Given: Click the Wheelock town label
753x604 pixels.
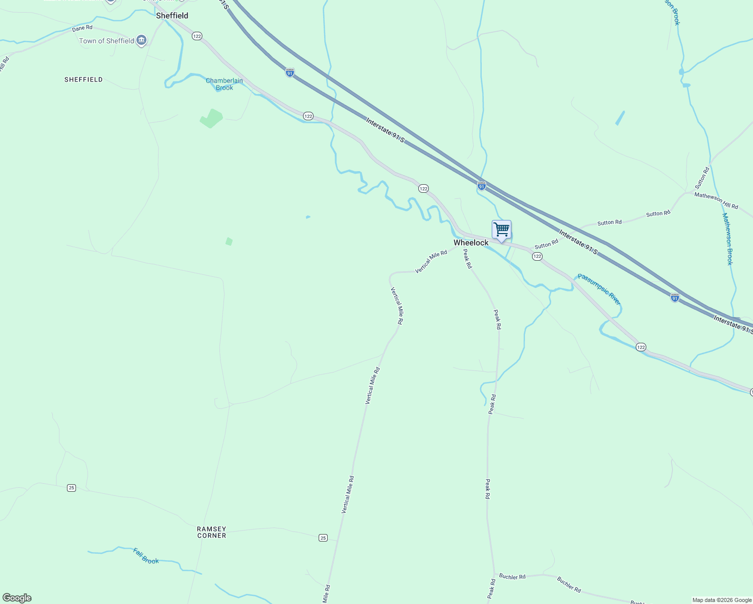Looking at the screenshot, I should click(471, 243).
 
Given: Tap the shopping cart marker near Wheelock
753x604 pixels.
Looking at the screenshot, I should click(501, 230).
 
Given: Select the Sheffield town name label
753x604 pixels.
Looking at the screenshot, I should click(172, 16).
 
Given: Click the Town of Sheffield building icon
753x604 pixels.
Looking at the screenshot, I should click(141, 40).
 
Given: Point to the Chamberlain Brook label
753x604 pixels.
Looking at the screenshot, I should click(224, 84).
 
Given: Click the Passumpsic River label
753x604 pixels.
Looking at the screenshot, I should click(599, 289).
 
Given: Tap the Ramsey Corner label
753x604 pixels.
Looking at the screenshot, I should click(211, 532).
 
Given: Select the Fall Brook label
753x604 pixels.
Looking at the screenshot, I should click(146, 556).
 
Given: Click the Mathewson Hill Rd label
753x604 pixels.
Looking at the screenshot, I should click(716, 200).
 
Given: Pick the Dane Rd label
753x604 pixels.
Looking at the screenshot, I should click(82, 28).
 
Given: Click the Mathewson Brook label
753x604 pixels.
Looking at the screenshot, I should click(727, 239).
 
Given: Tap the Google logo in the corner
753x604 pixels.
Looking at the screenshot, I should click(17, 598).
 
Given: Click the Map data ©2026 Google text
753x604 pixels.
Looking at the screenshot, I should click(722, 600).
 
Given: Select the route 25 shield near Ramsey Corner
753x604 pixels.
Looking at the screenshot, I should click(323, 538).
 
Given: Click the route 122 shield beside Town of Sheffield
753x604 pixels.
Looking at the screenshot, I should click(197, 36).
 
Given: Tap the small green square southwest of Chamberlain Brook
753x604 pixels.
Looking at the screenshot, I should click(229, 242).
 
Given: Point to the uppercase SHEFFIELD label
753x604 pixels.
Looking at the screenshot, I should click(84, 80).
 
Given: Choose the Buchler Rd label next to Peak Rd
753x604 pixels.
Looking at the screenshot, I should click(512, 576).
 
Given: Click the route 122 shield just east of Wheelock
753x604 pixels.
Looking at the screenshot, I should click(537, 256).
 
